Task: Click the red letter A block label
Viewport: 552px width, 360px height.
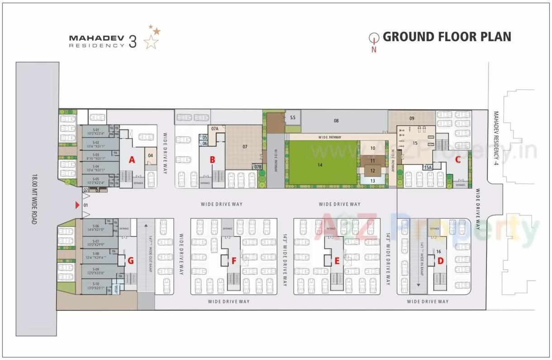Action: (132, 159)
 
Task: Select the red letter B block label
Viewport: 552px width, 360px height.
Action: (212, 159)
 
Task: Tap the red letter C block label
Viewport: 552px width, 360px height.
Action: (457, 159)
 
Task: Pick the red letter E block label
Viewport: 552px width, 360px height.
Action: (337, 260)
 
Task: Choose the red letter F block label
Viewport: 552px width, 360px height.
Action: (234, 260)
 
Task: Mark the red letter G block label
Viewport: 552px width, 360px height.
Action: (131, 260)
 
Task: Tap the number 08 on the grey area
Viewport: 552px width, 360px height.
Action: (336, 121)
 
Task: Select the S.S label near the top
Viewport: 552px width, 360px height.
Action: (293, 118)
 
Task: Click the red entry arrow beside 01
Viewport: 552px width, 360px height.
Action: (77, 206)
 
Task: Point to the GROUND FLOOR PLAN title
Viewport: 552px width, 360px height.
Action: (447, 37)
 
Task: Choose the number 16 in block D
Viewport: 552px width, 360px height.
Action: (438, 251)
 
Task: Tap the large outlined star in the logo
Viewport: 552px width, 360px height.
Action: (151, 42)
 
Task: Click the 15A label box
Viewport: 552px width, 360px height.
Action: (428, 168)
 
